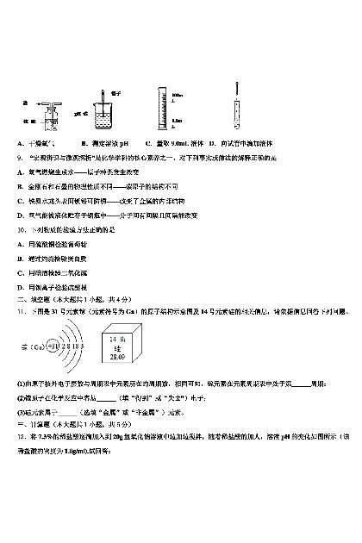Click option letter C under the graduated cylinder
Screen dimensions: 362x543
click(x=148, y=142)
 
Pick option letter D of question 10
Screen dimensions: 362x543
click(x=20, y=285)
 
